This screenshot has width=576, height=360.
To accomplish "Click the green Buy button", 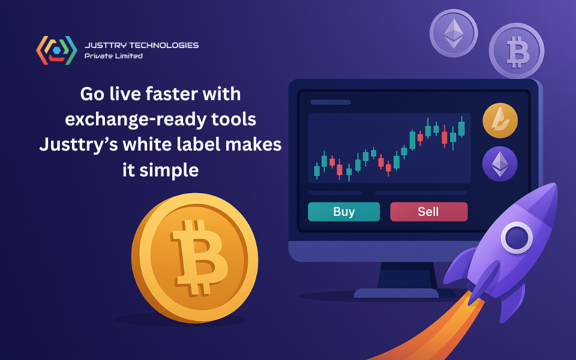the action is (x=344, y=212).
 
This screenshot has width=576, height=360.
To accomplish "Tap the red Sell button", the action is (x=428, y=212).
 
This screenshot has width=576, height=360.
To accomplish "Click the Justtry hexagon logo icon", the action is (x=56, y=50).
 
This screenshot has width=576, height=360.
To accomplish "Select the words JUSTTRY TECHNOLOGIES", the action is (x=142, y=45).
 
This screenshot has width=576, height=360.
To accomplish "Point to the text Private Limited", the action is (x=113, y=56).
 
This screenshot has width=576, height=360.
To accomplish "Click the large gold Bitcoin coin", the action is (x=194, y=258).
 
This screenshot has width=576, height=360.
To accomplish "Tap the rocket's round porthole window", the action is (x=517, y=238).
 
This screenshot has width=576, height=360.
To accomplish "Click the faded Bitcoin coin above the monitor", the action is (x=517, y=50).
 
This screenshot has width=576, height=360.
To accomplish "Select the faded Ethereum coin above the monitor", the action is (x=454, y=34).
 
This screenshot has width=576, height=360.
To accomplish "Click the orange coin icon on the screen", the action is (x=500, y=121).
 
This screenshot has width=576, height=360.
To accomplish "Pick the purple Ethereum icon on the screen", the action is (x=500, y=164).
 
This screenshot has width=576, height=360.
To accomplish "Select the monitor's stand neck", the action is (x=407, y=275).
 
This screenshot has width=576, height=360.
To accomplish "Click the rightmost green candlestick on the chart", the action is (x=461, y=128).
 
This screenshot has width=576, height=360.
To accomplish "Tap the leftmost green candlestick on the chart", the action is (x=317, y=171).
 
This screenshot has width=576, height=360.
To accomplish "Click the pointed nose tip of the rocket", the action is (x=556, y=185).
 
